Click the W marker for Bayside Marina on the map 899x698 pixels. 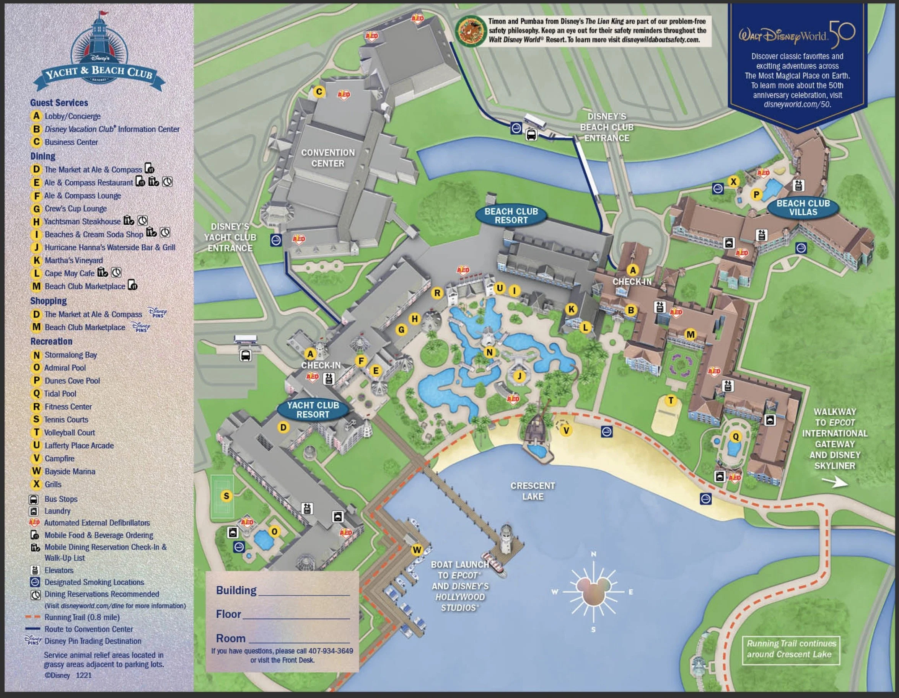pos(417,550)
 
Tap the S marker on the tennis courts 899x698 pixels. pos(226,496)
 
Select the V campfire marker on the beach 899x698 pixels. pos(567,431)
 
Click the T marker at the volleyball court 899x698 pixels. pos(671,400)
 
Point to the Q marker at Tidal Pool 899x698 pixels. pos(736,437)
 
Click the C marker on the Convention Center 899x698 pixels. pos(319,91)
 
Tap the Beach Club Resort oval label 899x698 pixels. pos(511,216)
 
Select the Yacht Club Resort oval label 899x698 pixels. pos(313,410)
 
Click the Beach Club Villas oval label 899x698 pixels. pos(803,207)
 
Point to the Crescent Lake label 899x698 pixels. pos(533,491)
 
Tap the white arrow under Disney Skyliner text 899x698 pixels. pos(834,482)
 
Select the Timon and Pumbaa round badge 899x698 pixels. pos(469,31)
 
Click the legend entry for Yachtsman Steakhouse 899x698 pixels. pos(82,222)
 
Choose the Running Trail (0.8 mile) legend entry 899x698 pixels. pos(82,617)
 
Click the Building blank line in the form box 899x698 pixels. pos(304,592)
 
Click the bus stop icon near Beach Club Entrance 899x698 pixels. pos(531,135)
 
